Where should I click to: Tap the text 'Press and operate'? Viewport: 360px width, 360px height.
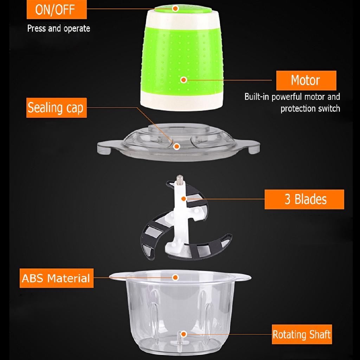tap(59, 28)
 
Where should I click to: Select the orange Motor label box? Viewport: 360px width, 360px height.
tap(306, 81)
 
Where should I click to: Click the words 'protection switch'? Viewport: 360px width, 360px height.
tap(310, 108)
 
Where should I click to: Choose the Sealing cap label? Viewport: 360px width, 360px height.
tap(56, 108)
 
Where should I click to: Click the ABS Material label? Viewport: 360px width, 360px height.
tap(56, 278)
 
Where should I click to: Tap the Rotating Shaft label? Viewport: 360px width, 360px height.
tap(302, 334)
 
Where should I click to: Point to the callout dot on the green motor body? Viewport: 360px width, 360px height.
tap(183, 80)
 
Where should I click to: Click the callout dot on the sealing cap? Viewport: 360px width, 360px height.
tap(176, 146)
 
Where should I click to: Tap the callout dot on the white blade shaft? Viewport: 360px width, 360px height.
tap(183, 199)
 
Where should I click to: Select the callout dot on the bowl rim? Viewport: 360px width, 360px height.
tap(175, 277)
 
